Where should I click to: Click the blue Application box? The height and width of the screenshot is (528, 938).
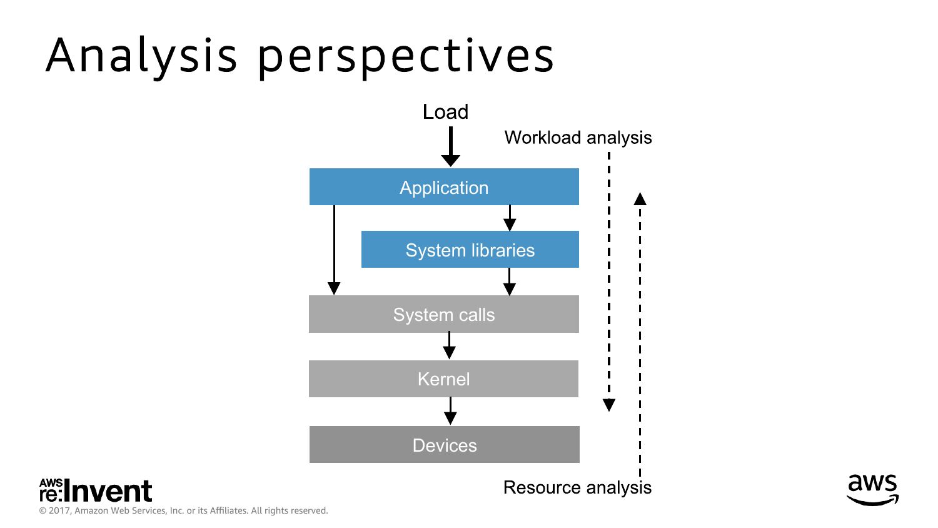coord(444,187)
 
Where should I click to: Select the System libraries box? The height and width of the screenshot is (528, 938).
coord(470,250)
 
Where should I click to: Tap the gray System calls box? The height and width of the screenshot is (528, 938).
coord(443,314)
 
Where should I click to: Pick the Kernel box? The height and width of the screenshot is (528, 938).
coord(443,379)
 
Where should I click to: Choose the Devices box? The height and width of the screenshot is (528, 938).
coord(444,445)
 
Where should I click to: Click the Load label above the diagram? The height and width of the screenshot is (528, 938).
coord(445,112)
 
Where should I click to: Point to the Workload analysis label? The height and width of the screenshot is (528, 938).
coord(578,138)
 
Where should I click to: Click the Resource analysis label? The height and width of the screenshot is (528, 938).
coord(577,487)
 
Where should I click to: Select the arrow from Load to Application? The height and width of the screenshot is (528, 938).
coord(450,146)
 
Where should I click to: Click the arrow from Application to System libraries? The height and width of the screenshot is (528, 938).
coord(510,218)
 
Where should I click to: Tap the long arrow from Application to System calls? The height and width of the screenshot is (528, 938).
coord(334,250)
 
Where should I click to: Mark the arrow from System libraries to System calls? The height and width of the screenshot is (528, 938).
coord(510,282)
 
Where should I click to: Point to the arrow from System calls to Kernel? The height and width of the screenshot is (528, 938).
coord(449,346)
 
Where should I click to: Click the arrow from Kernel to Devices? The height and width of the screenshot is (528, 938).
coord(450,411)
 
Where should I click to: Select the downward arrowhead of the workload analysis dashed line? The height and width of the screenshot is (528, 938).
coord(609,405)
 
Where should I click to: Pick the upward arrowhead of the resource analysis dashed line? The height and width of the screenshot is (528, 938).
coord(640,199)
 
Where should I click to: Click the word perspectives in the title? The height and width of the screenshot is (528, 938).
coord(406,56)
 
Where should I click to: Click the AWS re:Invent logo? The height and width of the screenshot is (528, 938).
coord(96,490)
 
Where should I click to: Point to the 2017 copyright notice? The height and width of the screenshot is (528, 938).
coord(183,510)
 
